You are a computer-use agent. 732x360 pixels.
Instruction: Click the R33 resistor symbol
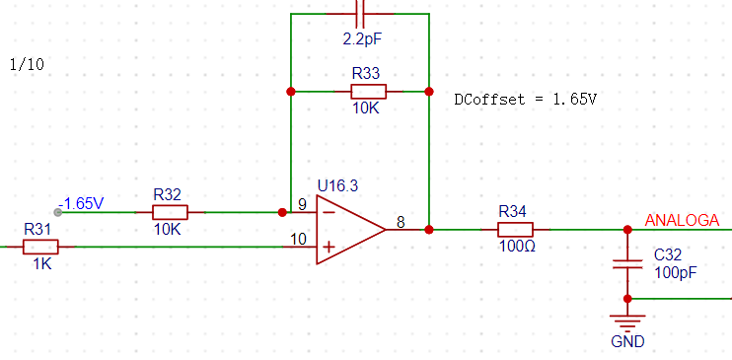click(368, 92)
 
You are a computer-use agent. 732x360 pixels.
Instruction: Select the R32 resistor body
click(170, 212)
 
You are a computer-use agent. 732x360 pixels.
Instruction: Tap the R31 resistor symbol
click(40, 247)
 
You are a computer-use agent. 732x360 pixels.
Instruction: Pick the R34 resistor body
click(515, 230)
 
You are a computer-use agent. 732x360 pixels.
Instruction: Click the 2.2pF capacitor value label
click(362, 39)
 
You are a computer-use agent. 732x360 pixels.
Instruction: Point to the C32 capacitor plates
click(627, 263)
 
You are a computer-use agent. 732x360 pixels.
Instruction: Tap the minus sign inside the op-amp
click(329, 212)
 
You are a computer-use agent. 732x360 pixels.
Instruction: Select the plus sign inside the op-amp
click(329, 247)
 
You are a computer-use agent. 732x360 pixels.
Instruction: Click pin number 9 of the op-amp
click(303, 204)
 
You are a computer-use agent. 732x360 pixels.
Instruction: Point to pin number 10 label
click(298, 239)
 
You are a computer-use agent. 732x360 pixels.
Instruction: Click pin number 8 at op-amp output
click(401, 222)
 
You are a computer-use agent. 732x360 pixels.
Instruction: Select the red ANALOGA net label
click(682, 220)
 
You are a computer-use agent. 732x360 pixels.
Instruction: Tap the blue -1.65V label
click(81, 203)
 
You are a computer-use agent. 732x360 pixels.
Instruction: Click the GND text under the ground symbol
click(627, 341)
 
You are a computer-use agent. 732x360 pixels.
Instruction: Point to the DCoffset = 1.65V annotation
click(526, 100)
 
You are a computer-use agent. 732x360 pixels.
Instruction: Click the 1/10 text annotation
click(27, 64)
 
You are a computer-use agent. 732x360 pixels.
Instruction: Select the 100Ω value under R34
click(517, 246)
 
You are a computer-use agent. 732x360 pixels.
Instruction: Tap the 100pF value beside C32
click(676, 272)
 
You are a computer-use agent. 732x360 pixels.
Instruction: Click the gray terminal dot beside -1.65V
click(58, 212)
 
